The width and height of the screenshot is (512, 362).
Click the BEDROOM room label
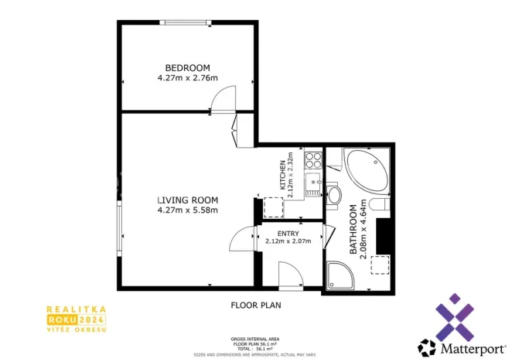pos(187,67)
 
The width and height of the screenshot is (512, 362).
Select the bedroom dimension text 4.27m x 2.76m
pos(187,78)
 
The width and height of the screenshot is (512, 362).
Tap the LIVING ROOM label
pos(187,199)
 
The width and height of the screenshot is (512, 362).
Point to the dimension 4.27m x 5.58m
pos(187,210)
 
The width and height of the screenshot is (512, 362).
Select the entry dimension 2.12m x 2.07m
pos(288,241)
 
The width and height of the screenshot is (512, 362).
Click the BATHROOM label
pos(353,230)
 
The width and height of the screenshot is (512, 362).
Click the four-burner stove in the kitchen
pos(314,161)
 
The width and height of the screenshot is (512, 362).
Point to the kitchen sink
pos(312,185)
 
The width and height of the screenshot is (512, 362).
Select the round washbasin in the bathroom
pos(334,195)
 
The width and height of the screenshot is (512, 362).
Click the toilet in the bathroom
pos(378,205)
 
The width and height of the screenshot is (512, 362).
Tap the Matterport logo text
pos(467,346)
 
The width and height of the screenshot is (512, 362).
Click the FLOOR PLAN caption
pos(256,306)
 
